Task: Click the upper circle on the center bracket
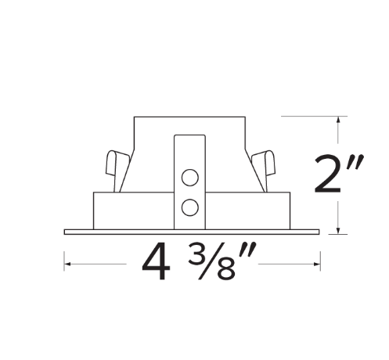[190, 178]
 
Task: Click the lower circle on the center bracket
[190, 207]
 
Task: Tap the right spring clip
[264, 170]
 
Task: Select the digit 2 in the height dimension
[328, 174]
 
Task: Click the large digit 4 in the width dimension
[156, 261]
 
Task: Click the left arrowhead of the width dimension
[67, 264]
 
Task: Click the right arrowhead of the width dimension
[317, 264]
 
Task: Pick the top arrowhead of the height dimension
[338, 120]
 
